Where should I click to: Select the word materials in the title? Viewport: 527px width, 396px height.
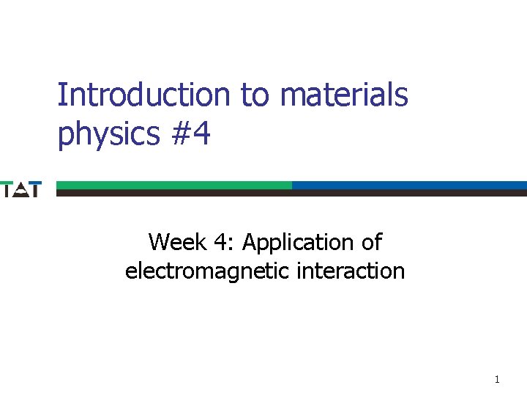tap(344, 95)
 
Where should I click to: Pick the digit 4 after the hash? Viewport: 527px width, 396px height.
tap(201, 133)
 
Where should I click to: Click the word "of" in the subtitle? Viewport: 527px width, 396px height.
tap(371, 241)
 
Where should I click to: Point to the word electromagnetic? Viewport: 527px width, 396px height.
tap(208, 271)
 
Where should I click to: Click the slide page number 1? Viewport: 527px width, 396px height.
tap(497, 379)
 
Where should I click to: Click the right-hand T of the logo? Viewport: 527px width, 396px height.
tap(35, 188)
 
